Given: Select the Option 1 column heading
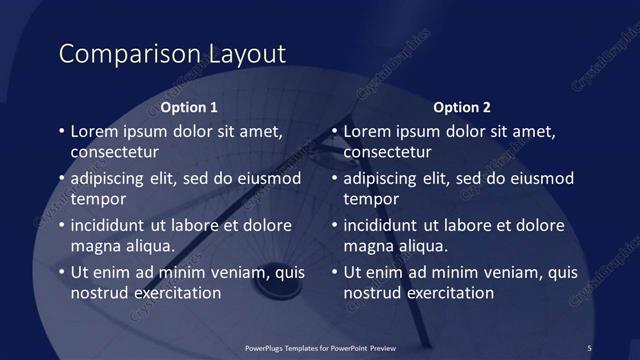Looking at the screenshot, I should click(x=189, y=107).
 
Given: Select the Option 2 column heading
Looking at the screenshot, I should click(x=462, y=107).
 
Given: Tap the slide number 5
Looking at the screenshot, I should click(x=589, y=347).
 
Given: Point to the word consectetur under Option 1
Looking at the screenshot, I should click(x=115, y=153).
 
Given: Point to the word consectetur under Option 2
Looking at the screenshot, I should click(x=388, y=153).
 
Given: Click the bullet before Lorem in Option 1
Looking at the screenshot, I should click(x=61, y=132).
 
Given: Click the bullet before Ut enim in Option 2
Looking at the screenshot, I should click(x=334, y=272).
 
